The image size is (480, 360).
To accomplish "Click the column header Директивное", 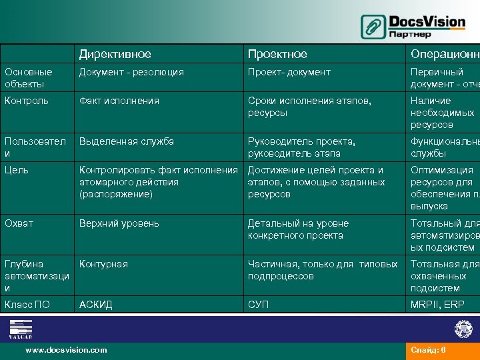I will point(115,54).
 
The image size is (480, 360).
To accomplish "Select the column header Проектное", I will point(277,54).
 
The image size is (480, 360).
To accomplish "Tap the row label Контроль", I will point(27,101).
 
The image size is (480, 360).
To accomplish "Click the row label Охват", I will point(19,223).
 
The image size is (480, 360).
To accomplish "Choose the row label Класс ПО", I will point(27,305).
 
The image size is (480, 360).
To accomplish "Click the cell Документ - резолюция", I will point(131,72).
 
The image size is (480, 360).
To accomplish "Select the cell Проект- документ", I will point(289,72).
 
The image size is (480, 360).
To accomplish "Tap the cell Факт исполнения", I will point(119,101).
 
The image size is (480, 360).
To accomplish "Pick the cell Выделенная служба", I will point(127,141).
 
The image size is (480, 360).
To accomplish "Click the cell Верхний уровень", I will point(119,223).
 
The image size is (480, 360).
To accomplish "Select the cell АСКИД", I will point(96,305).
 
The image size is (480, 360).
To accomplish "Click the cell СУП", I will point(259,305).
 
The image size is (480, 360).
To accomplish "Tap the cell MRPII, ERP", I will point(437,305).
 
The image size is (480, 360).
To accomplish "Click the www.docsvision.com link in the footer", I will point(65,349).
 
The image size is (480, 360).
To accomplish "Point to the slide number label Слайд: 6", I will point(428,349).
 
